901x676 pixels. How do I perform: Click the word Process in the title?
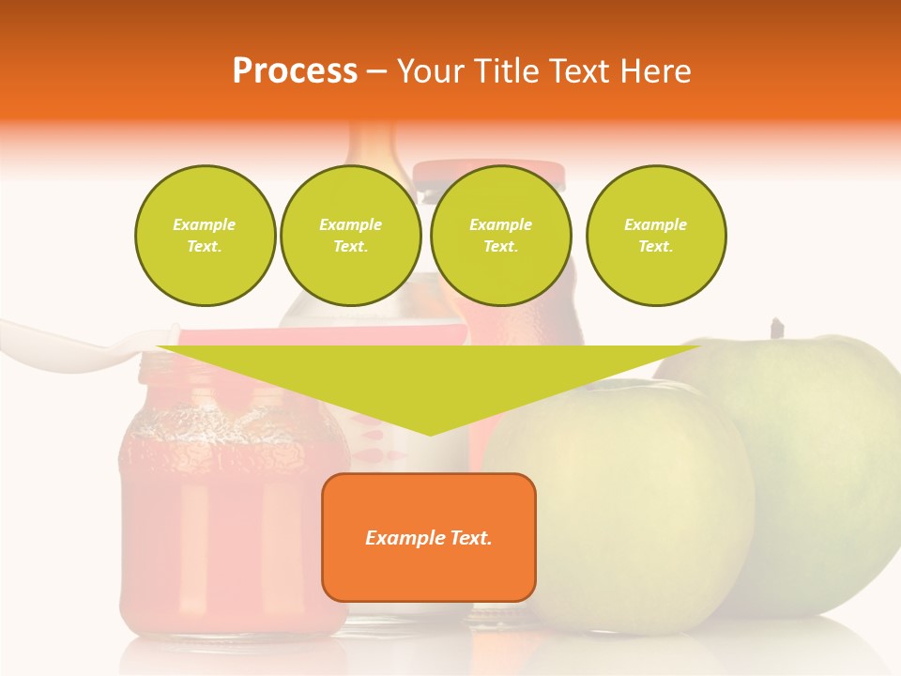pyautogui.click(x=295, y=71)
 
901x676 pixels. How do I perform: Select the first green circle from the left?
pyautogui.click(x=205, y=236)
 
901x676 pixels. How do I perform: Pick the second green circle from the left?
pyautogui.click(x=350, y=236)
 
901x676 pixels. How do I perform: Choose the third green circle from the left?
pyautogui.click(x=500, y=236)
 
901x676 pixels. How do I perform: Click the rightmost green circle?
pyautogui.click(x=655, y=236)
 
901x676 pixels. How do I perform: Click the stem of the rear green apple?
pyautogui.click(x=776, y=330)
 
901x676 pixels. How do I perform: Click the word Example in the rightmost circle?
pyautogui.click(x=655, y=224)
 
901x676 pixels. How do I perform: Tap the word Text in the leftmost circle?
pyautogui.click(x=205, y=247)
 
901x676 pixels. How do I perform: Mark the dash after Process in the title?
pyautogui.click(x=377, y=71)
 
